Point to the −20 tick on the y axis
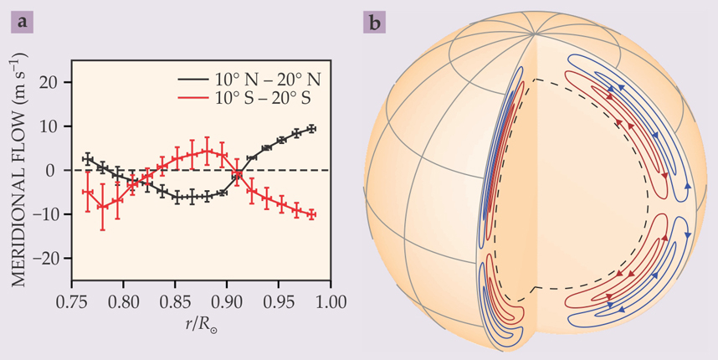(x=50, y=258)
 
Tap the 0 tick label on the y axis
(x=59, y=170)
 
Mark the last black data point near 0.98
(x=312, y=128)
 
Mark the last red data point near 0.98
(x=312, y=215)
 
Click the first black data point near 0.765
(x=87, y=158)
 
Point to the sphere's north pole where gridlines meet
(x=535, y=36)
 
